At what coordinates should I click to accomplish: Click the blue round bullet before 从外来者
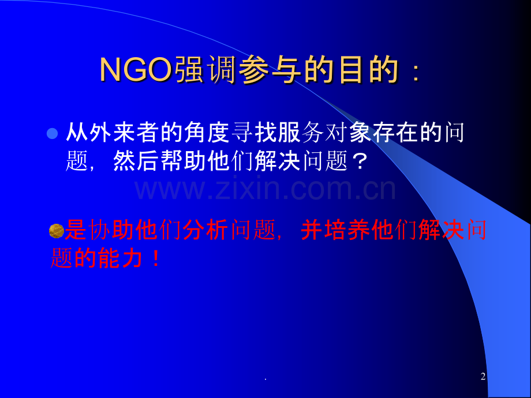(x=51, y=134)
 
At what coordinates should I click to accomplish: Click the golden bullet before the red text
(x=57, y=231)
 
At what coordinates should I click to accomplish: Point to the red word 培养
(x=348, y=231)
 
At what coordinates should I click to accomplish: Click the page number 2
(x=483, y=377)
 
